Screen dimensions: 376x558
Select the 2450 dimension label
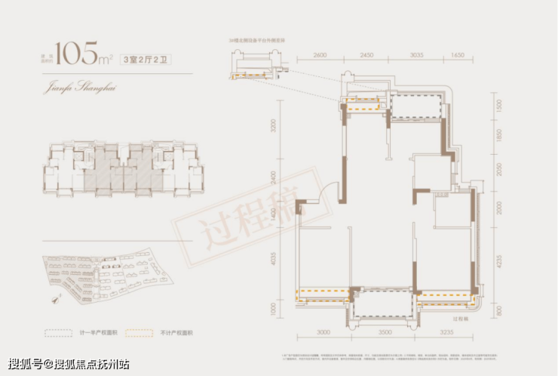pos(367,55)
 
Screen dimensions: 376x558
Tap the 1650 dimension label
pos(458,55)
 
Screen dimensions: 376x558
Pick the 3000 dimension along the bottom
pos(325,331)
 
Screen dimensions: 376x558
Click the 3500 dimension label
pos(385,331)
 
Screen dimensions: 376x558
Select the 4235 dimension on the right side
pos(499,264)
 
